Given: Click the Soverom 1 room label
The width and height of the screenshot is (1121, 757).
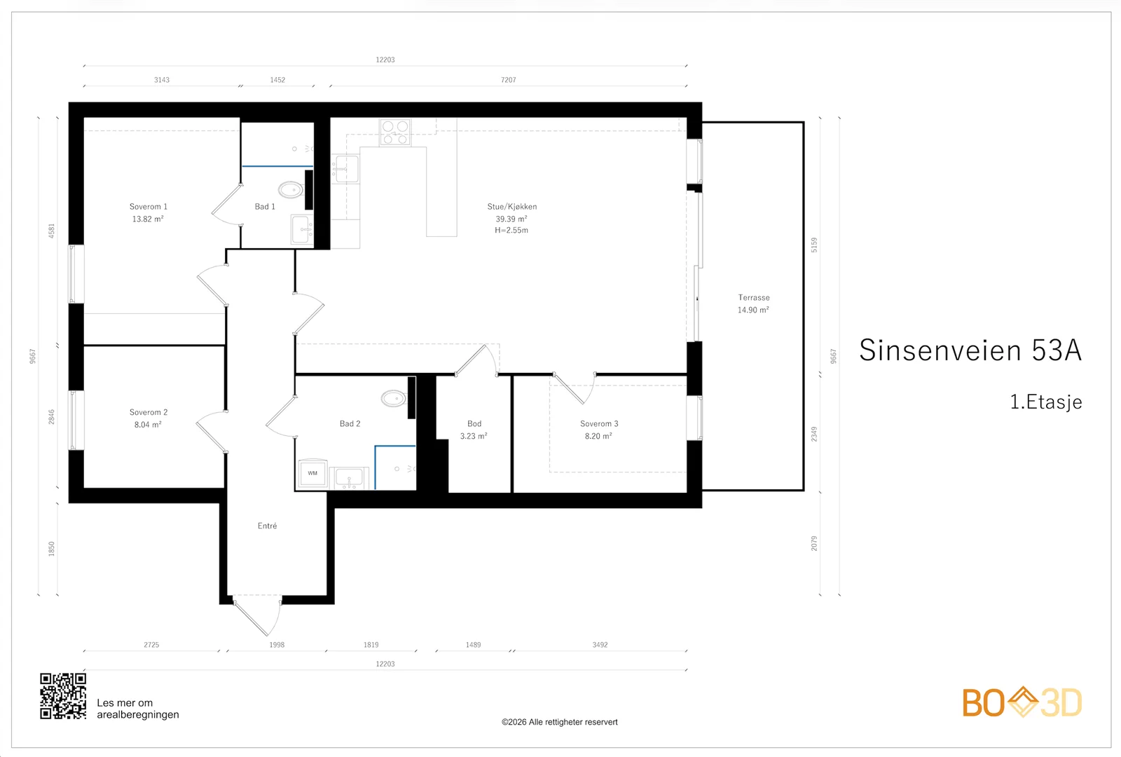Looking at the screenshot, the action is click(148, 207).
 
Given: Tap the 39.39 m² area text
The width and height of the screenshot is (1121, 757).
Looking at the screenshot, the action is click(511, 219).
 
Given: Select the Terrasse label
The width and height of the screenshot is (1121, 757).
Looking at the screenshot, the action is click(754, 297).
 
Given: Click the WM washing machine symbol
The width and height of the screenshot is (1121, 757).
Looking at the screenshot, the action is click(312, 473).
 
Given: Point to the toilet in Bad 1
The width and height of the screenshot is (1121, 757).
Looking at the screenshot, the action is click(291, 190).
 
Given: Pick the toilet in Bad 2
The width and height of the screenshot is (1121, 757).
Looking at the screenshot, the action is click(393, 399).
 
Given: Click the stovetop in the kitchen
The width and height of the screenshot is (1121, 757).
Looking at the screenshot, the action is click(395, 132).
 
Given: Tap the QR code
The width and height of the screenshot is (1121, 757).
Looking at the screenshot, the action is click(63, 696).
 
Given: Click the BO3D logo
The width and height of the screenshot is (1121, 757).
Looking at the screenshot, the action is click(1022, 702).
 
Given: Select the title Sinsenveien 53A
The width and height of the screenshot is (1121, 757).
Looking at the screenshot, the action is click(970, 350).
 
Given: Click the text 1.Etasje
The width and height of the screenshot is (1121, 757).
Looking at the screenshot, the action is click(1046, 402).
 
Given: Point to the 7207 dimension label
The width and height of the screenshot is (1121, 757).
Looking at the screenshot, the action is click(509, 80).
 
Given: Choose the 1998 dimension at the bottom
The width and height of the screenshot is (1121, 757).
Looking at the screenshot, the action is click(277, 645).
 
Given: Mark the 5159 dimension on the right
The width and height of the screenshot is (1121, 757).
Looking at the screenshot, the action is click(814, 245).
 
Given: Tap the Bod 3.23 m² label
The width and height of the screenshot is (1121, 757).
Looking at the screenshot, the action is click(474, 430).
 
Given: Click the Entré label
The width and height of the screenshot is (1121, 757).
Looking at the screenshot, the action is click(267, 526).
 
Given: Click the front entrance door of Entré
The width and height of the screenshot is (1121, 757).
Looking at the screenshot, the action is click(257, 616).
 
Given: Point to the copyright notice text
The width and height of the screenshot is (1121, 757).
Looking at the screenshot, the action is click(560, 722).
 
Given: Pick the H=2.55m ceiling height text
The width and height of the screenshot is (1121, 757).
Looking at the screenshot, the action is click(511, 231).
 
